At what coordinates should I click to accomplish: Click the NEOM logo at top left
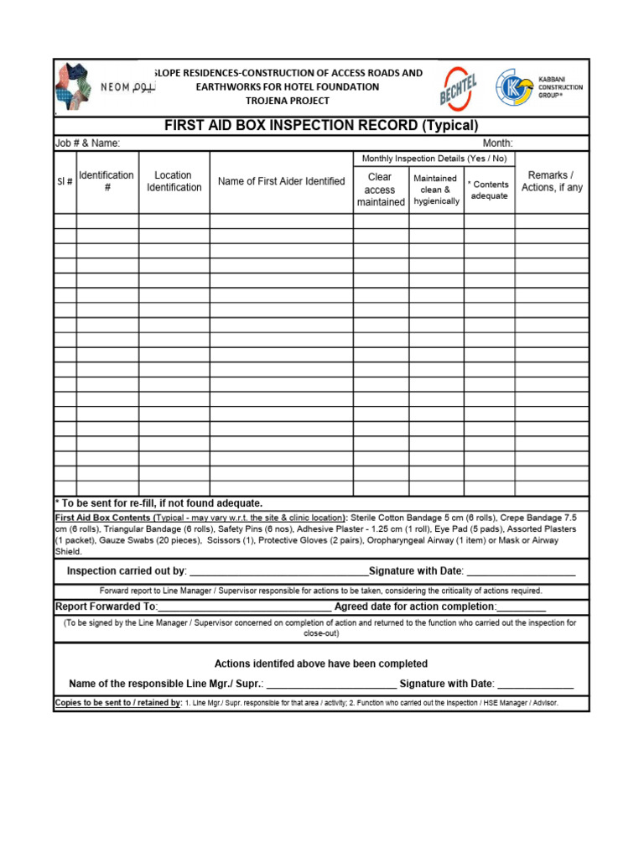tap(105, 87)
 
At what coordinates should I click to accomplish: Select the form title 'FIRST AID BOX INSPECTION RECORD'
tap(321, 126)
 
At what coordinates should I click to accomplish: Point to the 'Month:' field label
tap(497, 143)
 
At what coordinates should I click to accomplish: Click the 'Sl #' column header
tap(65, 181)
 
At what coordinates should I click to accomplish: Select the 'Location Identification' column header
tap(174, 181)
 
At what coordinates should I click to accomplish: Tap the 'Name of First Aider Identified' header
tap(281, 181)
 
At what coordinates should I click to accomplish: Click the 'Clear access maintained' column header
tap(380, 190)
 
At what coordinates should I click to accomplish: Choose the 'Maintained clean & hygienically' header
tap(436, 190)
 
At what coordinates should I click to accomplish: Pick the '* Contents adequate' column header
tap(489, 190)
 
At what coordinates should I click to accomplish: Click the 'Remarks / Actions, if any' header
tap(551, 181)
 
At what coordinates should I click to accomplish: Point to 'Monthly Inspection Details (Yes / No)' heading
tap(434, 159)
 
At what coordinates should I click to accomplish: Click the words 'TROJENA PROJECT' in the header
tap(287, 101)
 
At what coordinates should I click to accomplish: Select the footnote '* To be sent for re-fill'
tap(159, 503)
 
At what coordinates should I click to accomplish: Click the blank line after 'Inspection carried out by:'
tap(278, 573)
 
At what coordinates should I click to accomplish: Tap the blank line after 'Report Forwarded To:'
tap(244, 607)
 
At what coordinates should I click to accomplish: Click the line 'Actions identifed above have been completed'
tap(321, 664)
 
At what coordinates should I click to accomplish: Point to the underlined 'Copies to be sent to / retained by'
tap(118, 703)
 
